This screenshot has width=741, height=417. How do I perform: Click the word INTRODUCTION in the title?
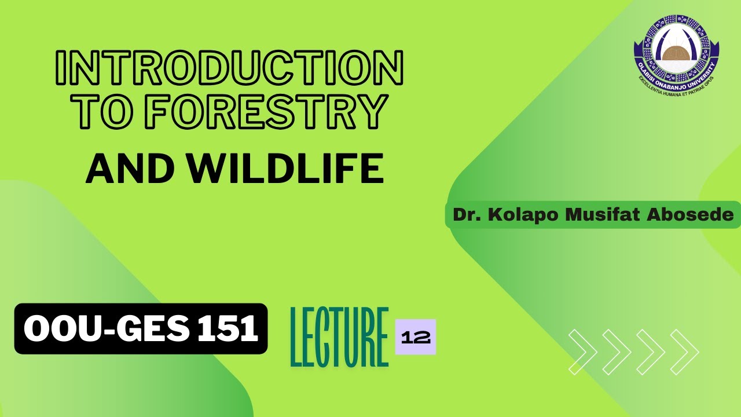229,68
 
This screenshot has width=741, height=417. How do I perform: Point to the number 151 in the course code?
228,329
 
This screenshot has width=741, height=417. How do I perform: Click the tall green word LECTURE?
339,338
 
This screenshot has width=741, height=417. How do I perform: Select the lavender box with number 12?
415,337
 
